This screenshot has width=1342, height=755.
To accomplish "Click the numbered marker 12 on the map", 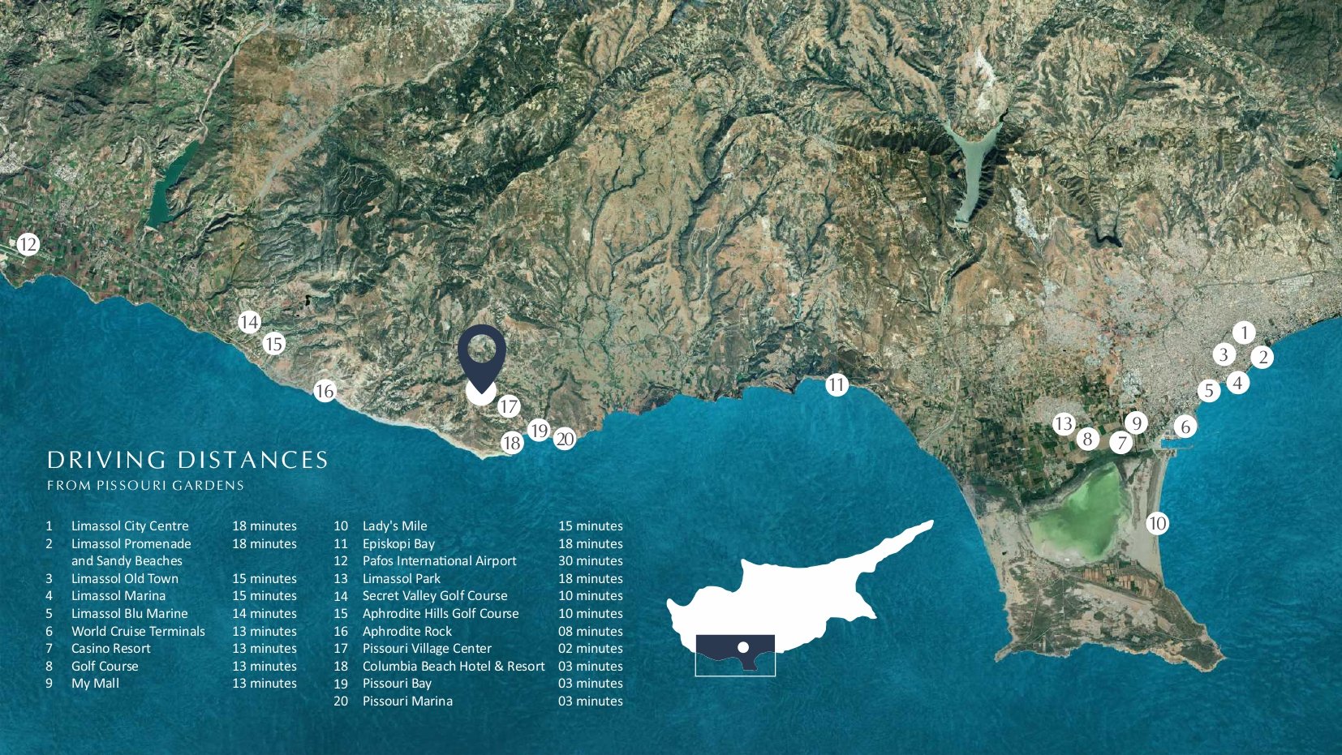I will click(28, 244).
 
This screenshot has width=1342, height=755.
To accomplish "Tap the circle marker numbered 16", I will click(325, 392).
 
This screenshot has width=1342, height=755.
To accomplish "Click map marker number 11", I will click(837, 384).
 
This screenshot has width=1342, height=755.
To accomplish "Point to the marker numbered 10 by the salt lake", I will click(1157, 524).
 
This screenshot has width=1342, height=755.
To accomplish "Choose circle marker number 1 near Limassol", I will click(1244, 332).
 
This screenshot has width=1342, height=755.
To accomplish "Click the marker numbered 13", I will click(1064, 424).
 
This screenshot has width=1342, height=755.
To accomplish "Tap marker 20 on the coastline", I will click(565, 440).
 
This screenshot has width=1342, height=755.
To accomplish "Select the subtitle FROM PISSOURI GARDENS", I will click(145, 486).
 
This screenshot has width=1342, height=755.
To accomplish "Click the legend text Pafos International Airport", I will click(439, 561).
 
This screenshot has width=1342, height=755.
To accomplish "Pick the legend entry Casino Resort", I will click(111, 649).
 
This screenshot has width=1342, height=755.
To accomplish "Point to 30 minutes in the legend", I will click(590, 561).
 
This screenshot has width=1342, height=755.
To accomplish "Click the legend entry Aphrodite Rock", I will click(406, 632).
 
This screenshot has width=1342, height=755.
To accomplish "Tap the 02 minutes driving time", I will click(590, 649).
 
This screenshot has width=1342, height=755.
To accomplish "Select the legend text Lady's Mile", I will click(394, 526).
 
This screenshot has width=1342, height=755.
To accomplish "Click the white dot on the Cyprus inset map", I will click(742, 647).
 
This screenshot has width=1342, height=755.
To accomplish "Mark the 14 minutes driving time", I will click(265, 614).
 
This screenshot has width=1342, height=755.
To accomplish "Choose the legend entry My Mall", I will click(95, 684).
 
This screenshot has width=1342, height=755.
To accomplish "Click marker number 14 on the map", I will click(249, 323).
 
